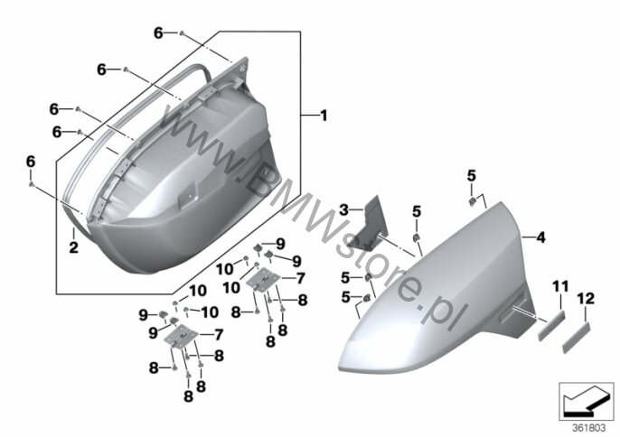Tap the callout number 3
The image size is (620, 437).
tap(344, 209)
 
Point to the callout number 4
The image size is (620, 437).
tap(540, 237)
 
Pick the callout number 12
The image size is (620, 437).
tap(586, 297)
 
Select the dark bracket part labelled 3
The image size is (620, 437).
tap(370, 225)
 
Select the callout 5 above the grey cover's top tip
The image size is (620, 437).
tap(471, 173)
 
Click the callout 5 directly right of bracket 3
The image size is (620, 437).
tap(417, 211)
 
